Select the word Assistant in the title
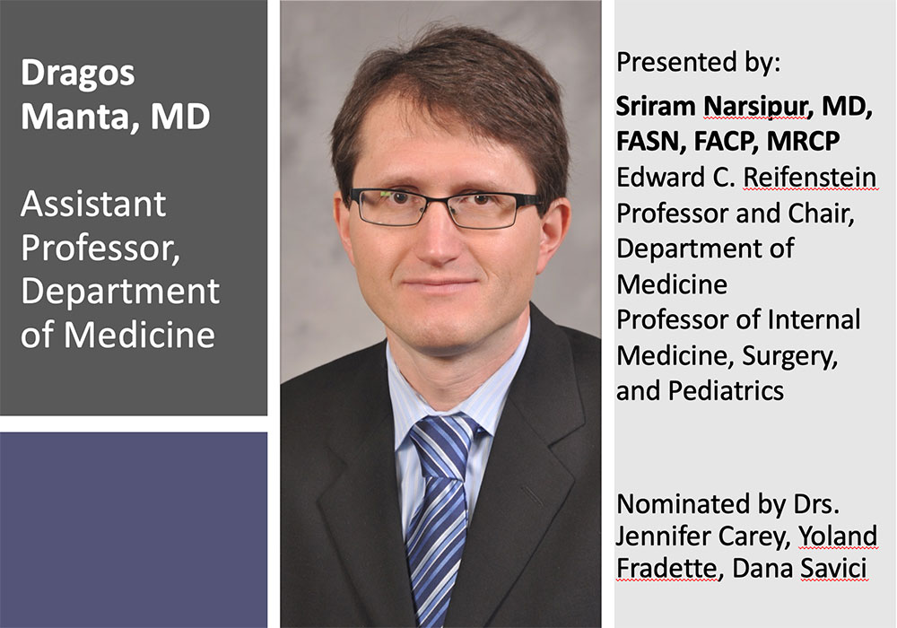tap(93, 205)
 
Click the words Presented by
tap(698, 63)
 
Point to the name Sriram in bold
tap(657, 107)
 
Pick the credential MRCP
tap(803, 141)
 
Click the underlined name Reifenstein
tap(809, 178)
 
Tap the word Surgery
tap(790, 357)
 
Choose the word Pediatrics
tap(726, 391)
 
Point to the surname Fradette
tap(666, 569)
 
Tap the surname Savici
tap(833, 569)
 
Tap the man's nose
tap(439, 240)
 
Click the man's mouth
tap(440, 283)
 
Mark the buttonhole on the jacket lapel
tap(531, 496)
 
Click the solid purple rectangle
tap(134, 530)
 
